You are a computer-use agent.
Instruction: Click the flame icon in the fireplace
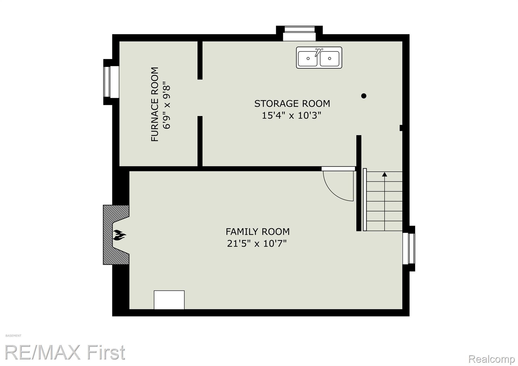click(119, 235)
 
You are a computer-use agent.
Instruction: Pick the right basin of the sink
click(330, 58)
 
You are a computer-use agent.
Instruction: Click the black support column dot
click(364, 96)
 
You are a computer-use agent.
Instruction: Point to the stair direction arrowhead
click(384, 174)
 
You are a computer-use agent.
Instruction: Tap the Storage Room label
click(292, 103)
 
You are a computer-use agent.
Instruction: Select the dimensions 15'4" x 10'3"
click(291, 116)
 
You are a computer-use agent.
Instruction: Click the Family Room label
click(257, 231)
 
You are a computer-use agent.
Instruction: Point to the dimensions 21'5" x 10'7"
click(257, 244)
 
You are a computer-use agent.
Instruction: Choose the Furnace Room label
click(155, 104)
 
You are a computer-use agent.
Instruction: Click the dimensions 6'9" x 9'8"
click(167, 105)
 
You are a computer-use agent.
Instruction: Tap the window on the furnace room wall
click(111, 82)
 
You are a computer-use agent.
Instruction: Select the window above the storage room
click(299, 33)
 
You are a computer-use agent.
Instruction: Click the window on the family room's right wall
click(409, 249)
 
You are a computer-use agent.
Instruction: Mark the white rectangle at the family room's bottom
click(169, 300)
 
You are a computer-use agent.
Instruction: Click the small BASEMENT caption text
click(13, 336)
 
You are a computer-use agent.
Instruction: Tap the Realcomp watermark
click(491, 359)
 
